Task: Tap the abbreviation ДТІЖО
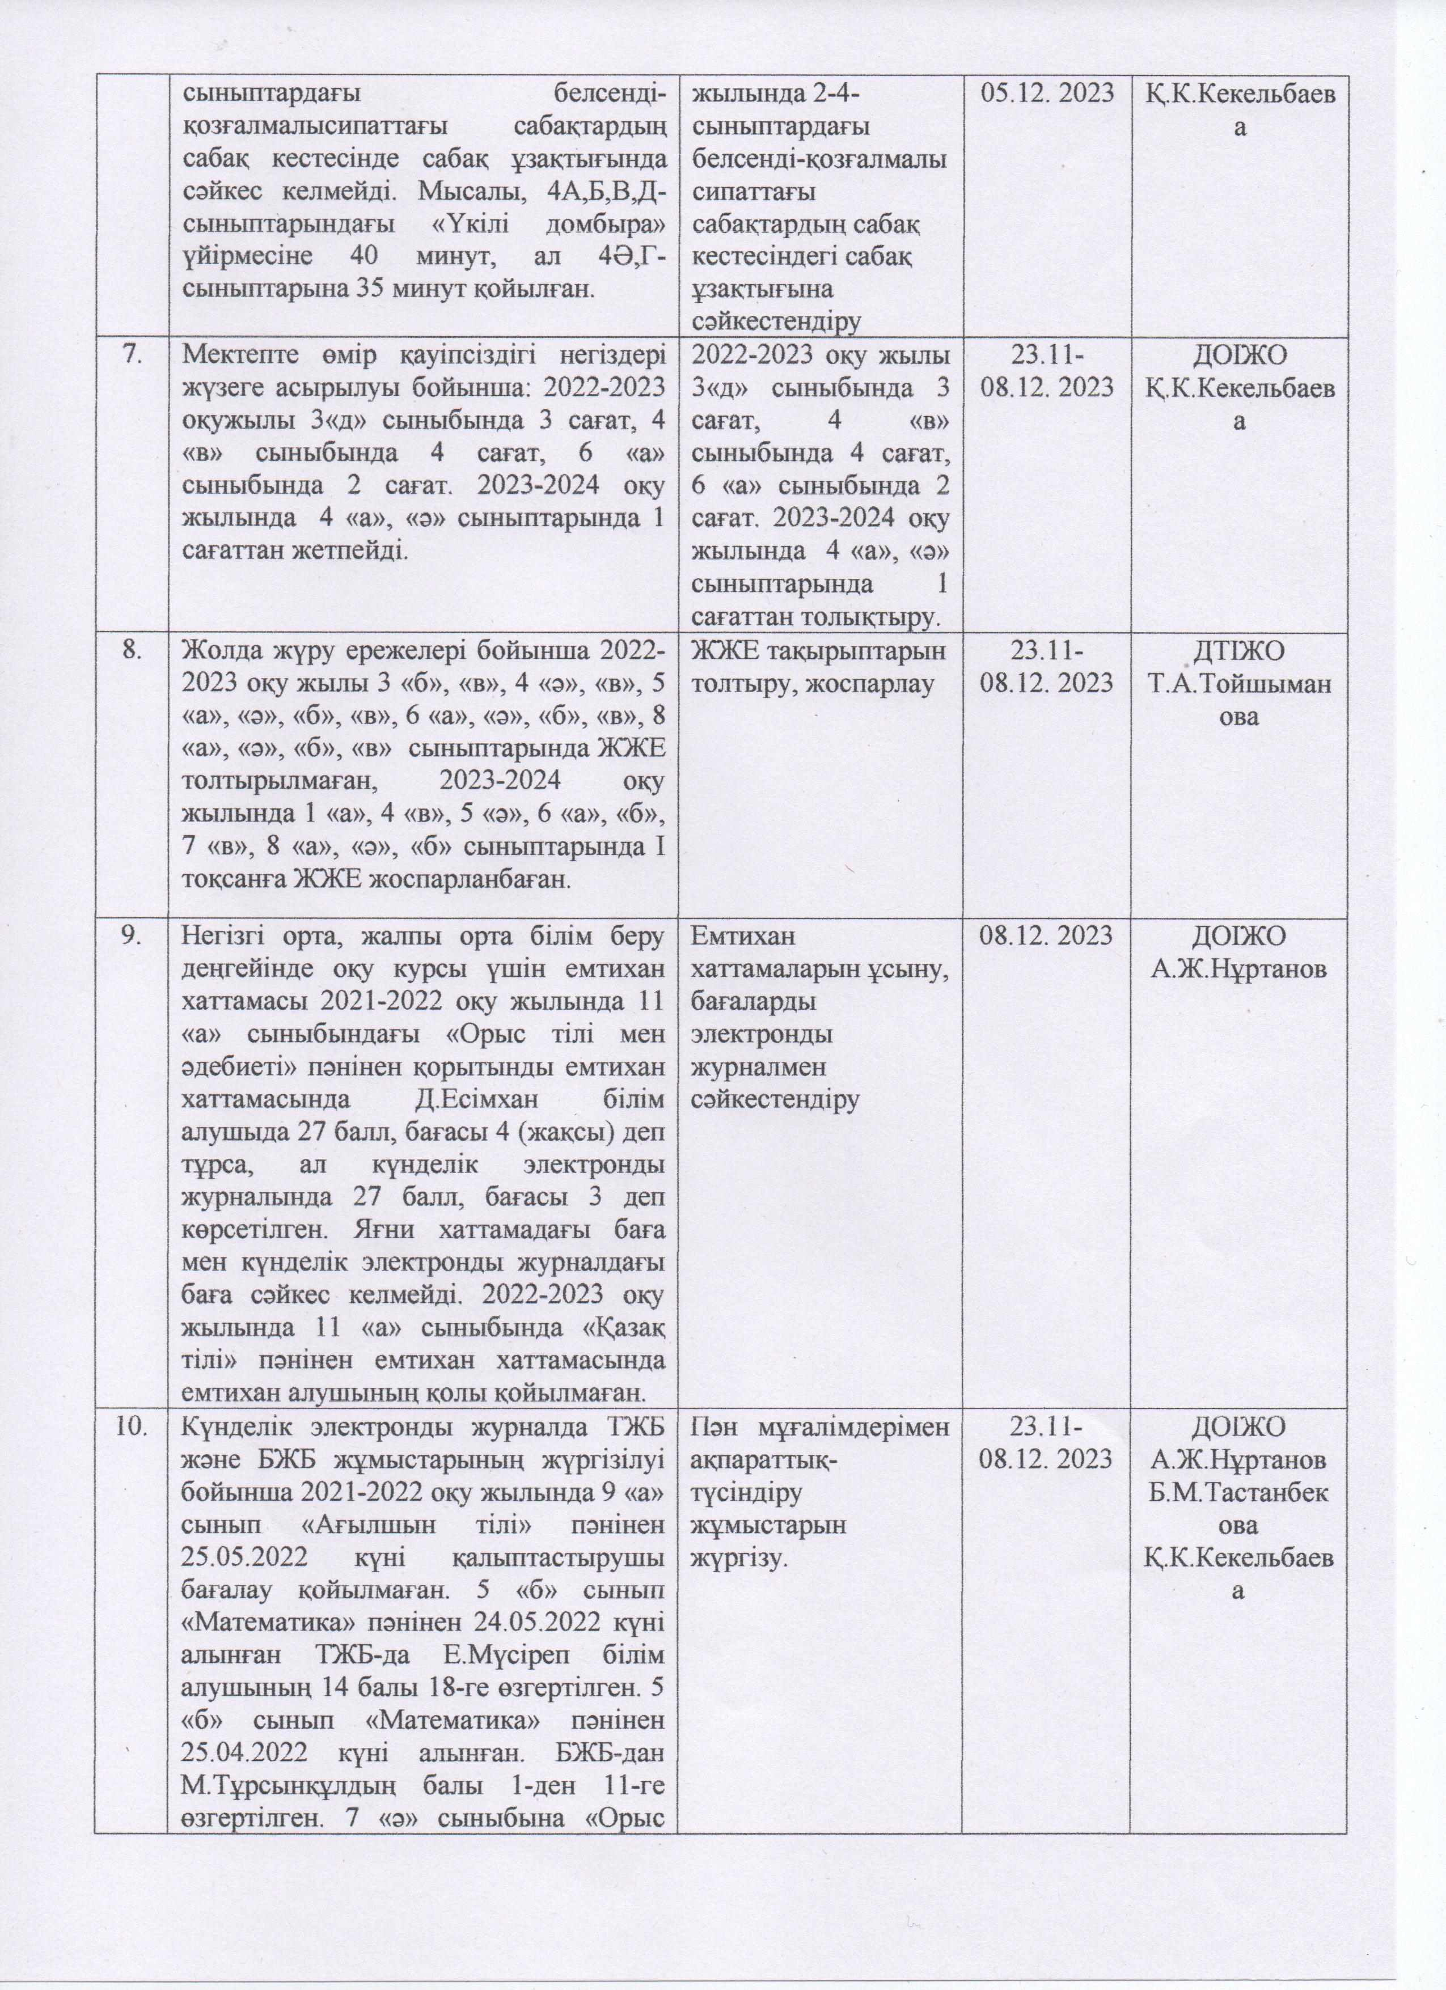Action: (1240, 650)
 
